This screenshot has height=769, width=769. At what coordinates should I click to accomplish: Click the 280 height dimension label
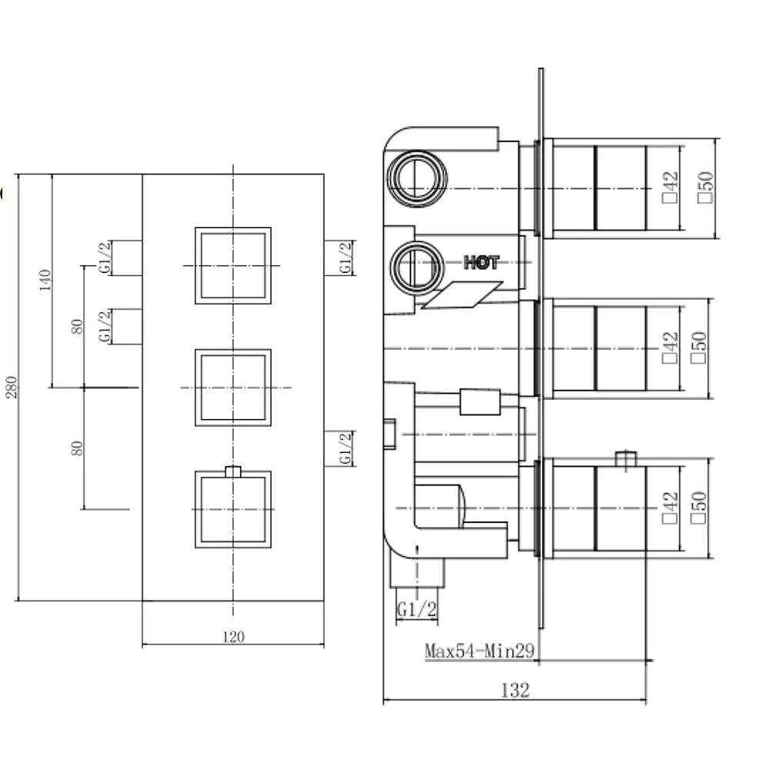11,388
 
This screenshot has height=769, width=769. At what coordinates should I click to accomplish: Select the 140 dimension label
45,280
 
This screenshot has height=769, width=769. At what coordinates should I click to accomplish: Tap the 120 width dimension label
233,637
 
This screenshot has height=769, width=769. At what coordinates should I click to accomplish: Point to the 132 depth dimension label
515,691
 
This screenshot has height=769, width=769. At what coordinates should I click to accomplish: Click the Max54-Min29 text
479,651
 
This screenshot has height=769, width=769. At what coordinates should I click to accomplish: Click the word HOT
481,263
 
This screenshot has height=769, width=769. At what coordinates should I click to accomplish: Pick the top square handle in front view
233,265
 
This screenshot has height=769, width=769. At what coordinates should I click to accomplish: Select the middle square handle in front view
233,388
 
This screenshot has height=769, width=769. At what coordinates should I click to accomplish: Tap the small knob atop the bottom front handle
233,471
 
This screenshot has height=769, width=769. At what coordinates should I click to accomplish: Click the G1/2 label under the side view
416,610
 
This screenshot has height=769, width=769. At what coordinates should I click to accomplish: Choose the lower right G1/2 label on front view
346,448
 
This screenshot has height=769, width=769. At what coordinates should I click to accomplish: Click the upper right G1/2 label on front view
346,258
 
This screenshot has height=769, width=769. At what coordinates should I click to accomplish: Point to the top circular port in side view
417,178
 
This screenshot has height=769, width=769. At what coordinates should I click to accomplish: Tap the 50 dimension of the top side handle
705,187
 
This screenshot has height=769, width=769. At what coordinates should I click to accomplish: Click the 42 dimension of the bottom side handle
670,508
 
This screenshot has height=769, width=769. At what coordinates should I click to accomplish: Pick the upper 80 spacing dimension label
77,326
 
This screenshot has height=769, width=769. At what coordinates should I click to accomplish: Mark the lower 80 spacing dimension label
77,448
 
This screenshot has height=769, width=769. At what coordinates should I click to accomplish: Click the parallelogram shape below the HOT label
462,295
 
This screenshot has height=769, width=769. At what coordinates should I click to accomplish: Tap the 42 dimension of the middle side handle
670,348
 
